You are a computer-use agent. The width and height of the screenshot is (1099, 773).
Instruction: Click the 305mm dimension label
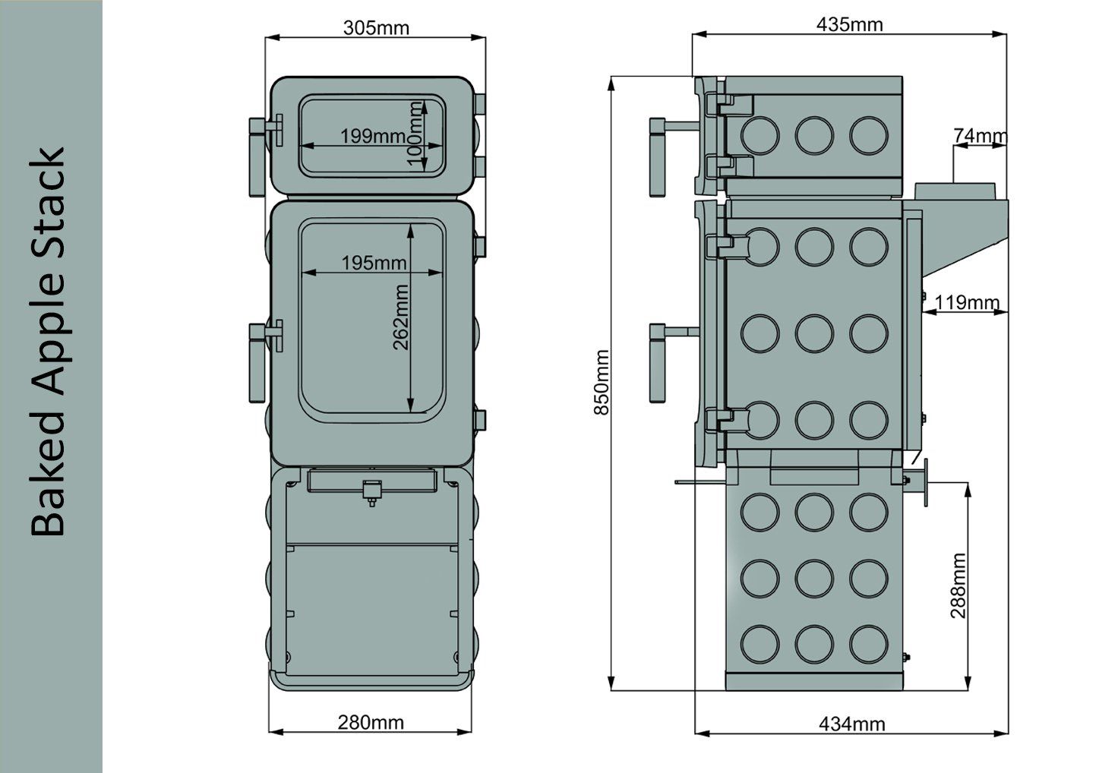[376, 28]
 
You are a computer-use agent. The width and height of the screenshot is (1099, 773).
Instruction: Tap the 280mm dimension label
[371, 722]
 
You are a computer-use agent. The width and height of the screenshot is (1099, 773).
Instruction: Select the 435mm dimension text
[849, 24]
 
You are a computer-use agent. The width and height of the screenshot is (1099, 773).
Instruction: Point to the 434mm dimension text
[851, 724]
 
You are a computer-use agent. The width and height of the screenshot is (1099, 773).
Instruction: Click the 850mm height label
[602, 383]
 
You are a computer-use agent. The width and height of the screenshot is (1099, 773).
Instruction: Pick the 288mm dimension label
[958, 585]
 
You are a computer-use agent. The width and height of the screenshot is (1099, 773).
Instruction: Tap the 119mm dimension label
[967, 302]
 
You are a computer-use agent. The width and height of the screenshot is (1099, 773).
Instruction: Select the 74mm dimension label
[980, 135]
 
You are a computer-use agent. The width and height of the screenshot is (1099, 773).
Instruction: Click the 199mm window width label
[374, 136]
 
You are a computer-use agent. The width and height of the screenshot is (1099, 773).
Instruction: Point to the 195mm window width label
[374, 263]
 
